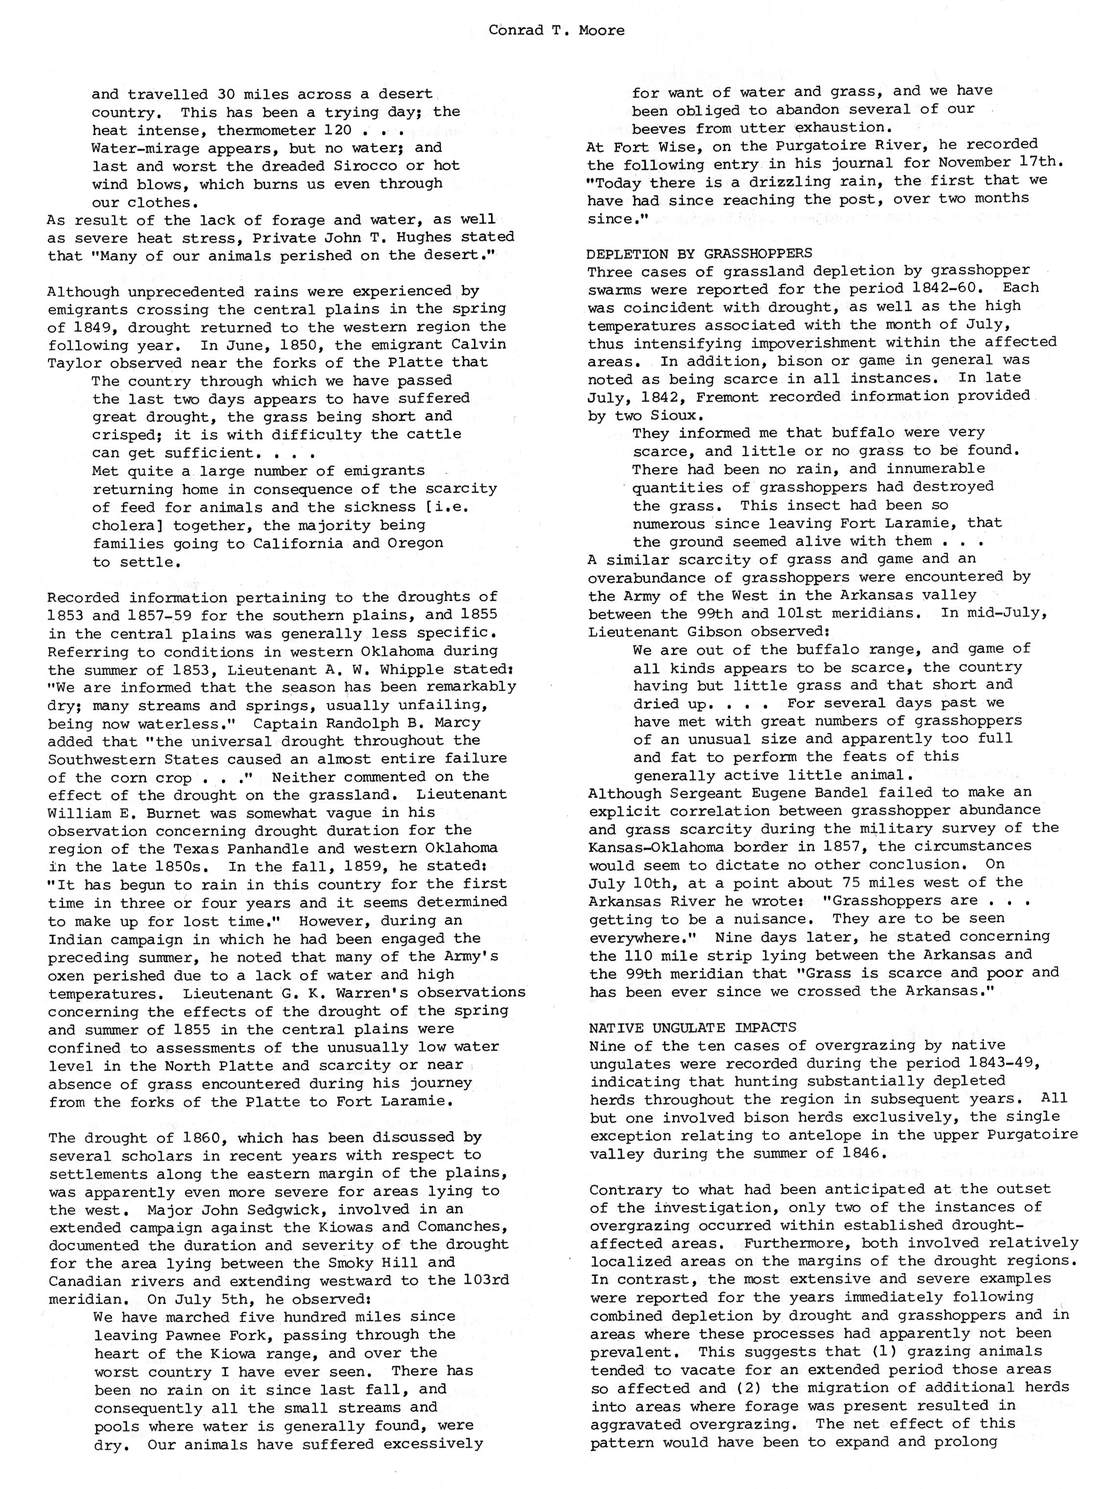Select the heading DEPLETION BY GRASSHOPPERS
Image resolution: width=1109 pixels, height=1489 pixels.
pyautogui.click(x=699, y=253)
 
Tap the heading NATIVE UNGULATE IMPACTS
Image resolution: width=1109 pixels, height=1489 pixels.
pyautogui.click(x=692, y=1028)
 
